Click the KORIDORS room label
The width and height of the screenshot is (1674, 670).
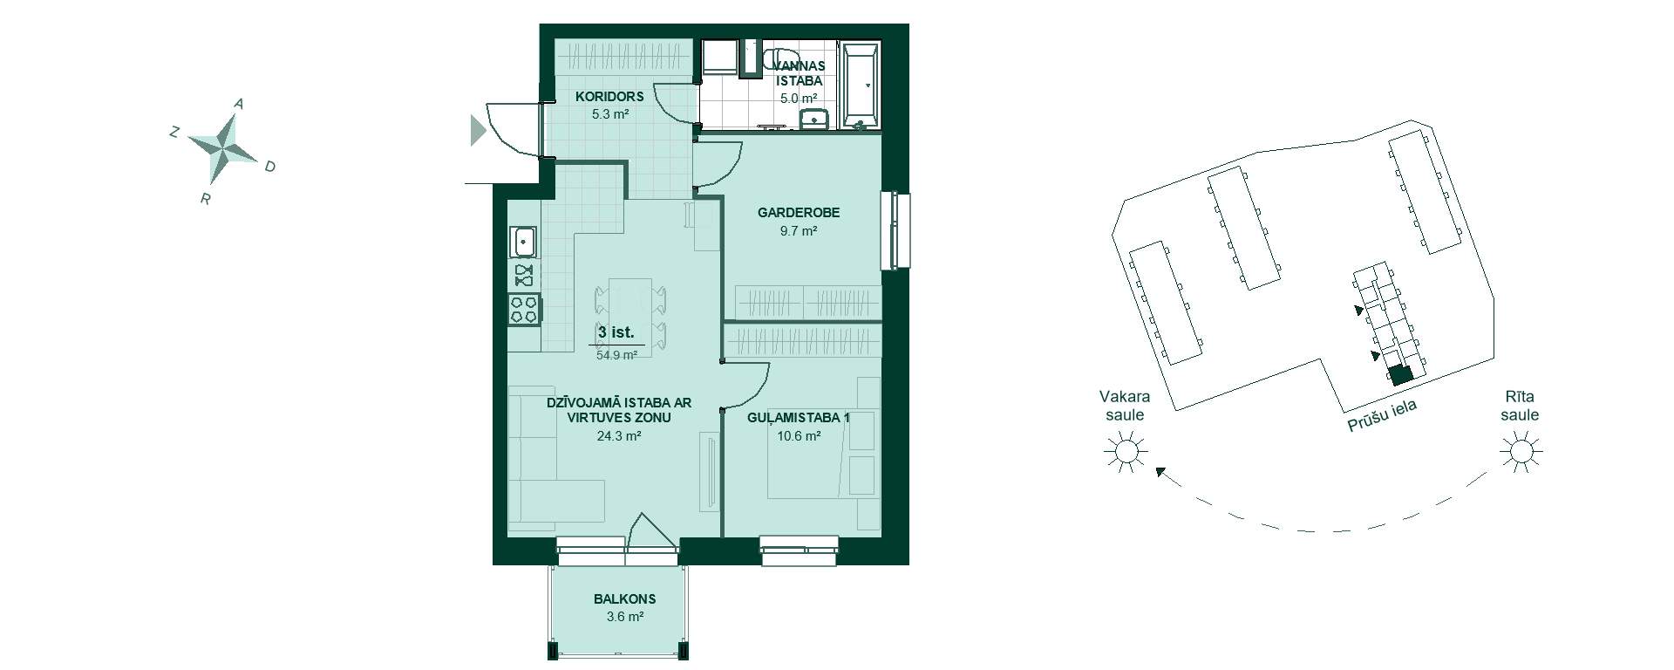point(609,97)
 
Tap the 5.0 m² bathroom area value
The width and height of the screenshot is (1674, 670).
point(799,99)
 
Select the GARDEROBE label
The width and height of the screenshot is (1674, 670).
point(799,213)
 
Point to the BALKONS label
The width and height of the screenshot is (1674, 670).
point(625,599)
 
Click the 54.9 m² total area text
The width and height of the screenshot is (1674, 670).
point(617,355)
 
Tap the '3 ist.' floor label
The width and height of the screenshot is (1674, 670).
point(616,332)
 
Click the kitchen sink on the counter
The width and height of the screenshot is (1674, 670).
point(523,242)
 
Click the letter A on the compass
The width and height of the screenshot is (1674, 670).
point(239,104)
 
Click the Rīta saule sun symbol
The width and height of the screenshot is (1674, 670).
point(1521,452)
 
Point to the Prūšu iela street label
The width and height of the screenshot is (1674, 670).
point(1383,415)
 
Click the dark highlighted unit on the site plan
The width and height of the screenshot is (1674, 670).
point(1400,375)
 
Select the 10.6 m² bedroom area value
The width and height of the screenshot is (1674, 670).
point(799,436)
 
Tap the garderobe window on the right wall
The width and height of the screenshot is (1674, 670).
point(895,231)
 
